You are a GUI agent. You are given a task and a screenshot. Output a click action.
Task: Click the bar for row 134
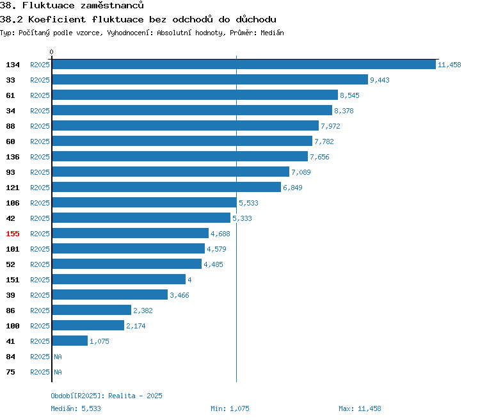pyautogui.click(x=244, y=64)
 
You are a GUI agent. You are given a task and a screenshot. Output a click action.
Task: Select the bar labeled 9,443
pyautogui.click(x=210, y=79)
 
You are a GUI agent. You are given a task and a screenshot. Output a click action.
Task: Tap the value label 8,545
pyautogui.click(x=349, y=95)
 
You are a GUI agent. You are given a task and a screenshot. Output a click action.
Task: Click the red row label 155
pyautogui.click(x=13, y=234)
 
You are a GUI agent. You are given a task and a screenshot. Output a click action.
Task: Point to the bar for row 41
pyautogui.click(x=70, y=341)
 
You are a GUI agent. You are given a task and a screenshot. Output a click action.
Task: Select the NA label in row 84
pyautogui.click(x=58, y=357)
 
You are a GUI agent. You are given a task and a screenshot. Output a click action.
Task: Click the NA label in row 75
pyautogui.click(x=58, y=372)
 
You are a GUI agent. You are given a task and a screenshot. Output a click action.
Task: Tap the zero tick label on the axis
pyautogui.click(x=51, y=52)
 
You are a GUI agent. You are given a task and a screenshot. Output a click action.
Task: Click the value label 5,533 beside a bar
pyautogui.click(x=248, y=203)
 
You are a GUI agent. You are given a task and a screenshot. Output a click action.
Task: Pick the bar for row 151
pyautogui.click(x=119, y=279)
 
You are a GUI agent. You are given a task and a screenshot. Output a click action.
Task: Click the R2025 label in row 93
pyautogui.click(x=40, y=172)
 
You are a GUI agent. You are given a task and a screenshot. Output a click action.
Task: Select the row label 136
pyautogui.click(x=13, y=157)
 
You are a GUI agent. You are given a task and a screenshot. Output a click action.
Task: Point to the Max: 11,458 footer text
pyautogui.click(x=360, y=408)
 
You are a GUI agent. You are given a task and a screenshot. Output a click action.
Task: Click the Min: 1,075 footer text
pyautogui.click(x=230, y=408)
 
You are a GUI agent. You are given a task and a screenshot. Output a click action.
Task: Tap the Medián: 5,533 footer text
pyautogui.click(x=76, y=408)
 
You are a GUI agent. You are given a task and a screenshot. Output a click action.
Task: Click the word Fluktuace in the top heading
pyautogui.click(x=49, y=5)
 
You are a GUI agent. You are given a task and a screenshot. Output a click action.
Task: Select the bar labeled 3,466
pyautogui.click(x=110, y=295)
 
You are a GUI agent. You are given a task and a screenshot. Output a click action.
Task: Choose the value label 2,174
pyautogui.click(x=136, y=326)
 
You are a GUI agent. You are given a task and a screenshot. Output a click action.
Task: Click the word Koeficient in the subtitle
pyautogui.click(x=57, y=19)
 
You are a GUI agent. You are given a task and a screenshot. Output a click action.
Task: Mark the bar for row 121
pyautogui.click(x=166, y=187)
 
